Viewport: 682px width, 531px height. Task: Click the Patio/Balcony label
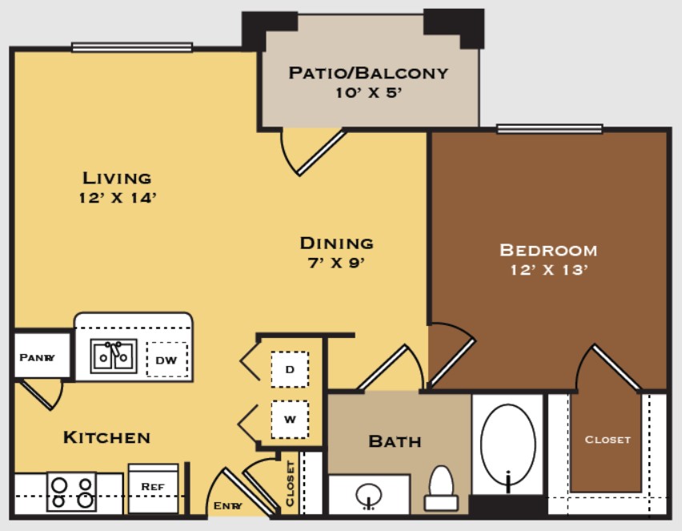(368, 73)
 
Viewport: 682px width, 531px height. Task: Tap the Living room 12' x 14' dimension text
(118, 198)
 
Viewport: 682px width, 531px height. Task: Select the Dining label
(337, 243)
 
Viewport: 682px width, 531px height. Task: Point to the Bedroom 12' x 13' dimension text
(549, 270)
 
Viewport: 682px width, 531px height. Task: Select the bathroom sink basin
(369, 495)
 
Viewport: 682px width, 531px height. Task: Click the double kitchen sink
(114, 356)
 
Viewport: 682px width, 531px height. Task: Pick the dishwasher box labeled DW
(167, 360)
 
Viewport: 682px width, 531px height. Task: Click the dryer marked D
(290, 369)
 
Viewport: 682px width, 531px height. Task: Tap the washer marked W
(290, 420)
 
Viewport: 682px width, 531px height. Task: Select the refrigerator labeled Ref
(153, 488)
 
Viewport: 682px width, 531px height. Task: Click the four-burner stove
(72, 492)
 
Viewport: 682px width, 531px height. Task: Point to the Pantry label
(38, 358)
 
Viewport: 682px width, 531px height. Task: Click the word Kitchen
(107, 437)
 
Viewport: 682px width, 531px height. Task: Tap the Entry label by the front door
(228, 505)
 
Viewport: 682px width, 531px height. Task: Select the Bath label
(395, 441)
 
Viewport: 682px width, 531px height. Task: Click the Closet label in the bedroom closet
(608, 440)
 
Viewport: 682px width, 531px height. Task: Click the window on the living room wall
(132, 47)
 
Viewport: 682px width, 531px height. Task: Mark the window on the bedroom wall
(549, 129)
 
